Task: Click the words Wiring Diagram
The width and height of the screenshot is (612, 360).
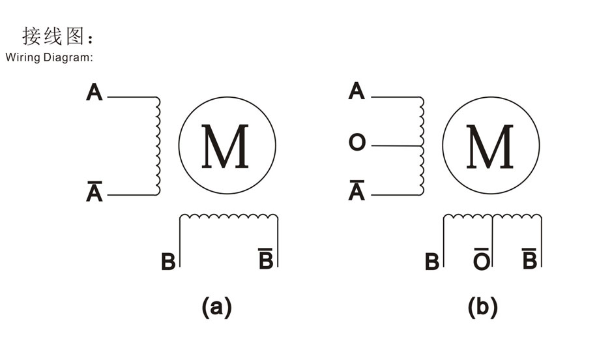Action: point(48,57)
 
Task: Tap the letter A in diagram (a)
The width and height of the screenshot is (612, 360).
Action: point(94,93)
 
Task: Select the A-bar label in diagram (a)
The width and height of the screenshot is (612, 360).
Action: point(94,191)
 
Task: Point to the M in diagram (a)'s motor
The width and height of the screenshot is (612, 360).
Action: point(225,147)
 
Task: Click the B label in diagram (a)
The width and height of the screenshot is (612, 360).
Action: point(168,262)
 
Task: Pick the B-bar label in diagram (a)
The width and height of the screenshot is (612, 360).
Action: point(266,258)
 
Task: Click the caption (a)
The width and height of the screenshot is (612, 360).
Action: point(216,307)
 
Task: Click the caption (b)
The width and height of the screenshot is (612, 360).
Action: point(483,307)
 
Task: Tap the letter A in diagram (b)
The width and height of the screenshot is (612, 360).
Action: point(357,91)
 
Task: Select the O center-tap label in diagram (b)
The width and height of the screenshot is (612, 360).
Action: point(357,142)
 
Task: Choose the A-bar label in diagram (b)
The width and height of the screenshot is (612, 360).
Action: point(357,190)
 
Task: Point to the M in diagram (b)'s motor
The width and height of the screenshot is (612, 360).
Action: point(489,147)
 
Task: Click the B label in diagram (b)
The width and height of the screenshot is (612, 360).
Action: point(431,262)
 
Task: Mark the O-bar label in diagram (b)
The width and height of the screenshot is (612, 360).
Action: point(482,259)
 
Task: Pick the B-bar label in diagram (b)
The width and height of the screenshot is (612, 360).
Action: point(529,258)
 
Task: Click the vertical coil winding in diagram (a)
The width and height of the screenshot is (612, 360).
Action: point(158,145)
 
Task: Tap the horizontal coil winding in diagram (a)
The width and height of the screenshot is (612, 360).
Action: point(229,216)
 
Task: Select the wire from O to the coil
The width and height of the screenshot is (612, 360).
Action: point(397,145)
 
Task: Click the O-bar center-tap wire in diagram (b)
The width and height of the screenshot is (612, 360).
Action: point(492,241)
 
